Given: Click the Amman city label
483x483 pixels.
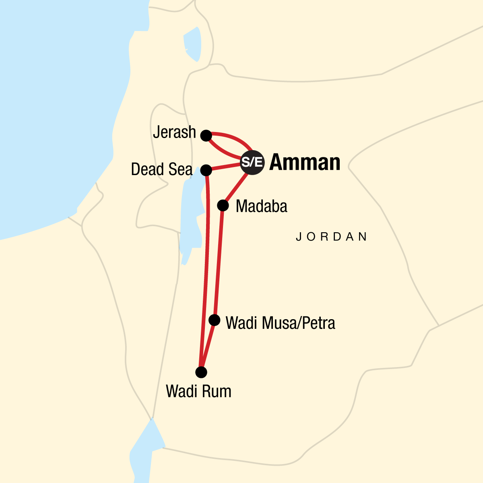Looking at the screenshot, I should [x=305, y=162].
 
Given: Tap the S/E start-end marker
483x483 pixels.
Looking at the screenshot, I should [x=252, y=162].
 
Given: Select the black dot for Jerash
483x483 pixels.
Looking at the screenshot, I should [x=206, y=136].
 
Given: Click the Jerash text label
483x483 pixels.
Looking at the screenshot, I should [x=174, y=132].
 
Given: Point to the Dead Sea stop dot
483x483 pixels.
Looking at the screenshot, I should [x=206, y=170].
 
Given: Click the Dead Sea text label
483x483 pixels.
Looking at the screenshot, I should [x=162, y=169].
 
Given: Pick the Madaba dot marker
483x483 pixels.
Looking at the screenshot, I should [x=223, y=206].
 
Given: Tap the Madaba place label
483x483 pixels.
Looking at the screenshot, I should [x=262, y=206].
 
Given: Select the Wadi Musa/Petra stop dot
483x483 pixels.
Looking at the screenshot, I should [x=215, y=320].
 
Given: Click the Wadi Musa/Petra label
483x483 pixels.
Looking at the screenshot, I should [x=280, y=323].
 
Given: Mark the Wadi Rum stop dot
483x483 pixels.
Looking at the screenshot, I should [x=201, y=372].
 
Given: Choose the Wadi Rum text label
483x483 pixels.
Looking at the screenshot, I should [x=198, y=391].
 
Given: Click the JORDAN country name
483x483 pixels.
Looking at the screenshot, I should [x=332, y=237].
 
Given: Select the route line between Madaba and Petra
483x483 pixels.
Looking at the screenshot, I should [x=219, y=262].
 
